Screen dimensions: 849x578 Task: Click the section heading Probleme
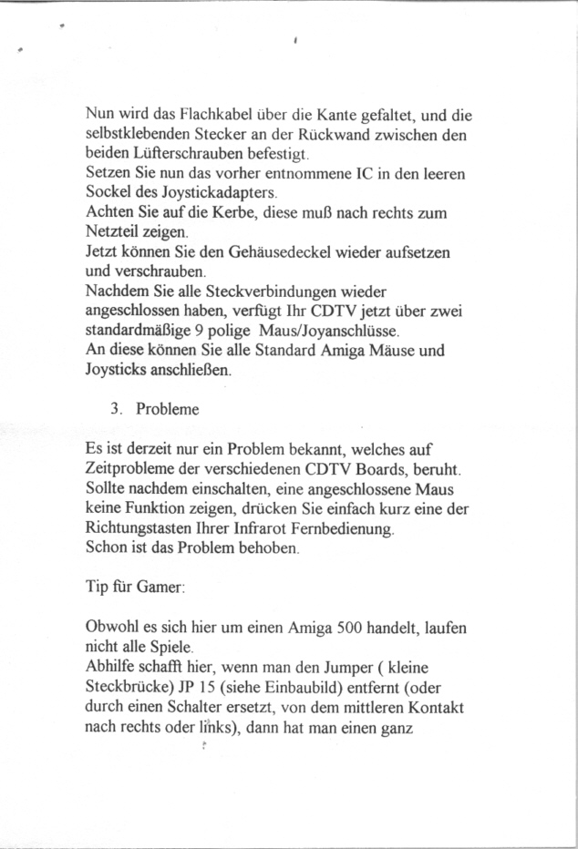click(x=168, y=409)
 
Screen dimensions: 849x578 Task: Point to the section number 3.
click(x=115, y=409)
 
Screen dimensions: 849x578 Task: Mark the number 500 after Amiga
click(x=353, y=629)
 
